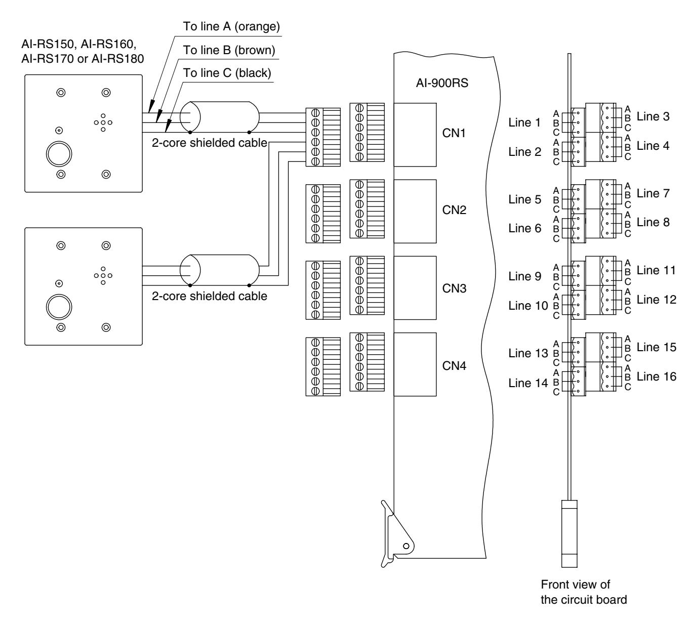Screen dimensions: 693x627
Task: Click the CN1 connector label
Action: click(x=454, y=133)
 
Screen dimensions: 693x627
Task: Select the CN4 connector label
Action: click(x=454, y=366)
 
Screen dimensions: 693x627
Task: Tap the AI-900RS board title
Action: click(x=442, y=83)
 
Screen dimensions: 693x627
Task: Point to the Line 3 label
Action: click(x=653, y=116)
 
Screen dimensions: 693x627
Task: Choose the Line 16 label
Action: click(x=657, y=377)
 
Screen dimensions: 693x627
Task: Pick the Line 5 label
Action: click(x=524, y=199)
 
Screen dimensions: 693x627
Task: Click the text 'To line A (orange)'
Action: click(x=231, y=26)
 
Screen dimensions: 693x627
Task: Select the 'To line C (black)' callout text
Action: click(x=227, y=73)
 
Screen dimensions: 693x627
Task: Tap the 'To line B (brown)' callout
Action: click(x=229, y=50)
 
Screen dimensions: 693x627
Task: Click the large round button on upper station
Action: click(x=59, y=154)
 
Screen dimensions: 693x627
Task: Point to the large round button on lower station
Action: click(x=59, y=307)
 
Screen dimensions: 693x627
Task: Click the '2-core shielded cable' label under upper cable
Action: click(x=210, y=143)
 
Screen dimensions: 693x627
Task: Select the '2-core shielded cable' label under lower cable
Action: click(x=210, y=296)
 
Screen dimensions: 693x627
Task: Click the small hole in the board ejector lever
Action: click(x=406, y=546)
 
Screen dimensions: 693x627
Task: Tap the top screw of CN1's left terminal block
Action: click(x=315, y=113)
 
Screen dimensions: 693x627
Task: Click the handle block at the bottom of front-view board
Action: click(x=569, y=533)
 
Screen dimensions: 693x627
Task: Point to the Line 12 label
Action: click(x=657, y=300)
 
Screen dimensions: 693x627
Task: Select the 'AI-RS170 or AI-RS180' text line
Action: click(x=83, y=59)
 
